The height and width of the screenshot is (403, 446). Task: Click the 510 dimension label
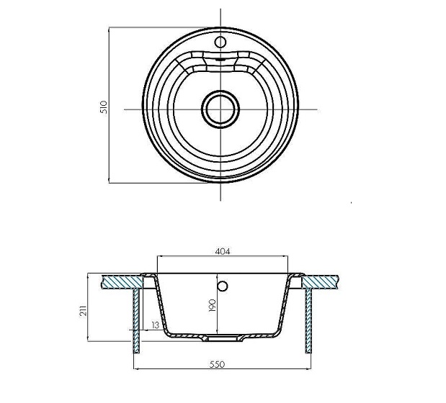click(x=104, y=107)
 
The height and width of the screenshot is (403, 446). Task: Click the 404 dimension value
click(x=223, y=251)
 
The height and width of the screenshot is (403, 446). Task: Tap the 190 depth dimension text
click(x=212, y=305)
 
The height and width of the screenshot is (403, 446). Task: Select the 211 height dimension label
click(x=83, y=311)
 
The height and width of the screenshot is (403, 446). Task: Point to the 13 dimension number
click(x=156, y=325)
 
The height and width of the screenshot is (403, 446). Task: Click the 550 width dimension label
click(x=217, y=364)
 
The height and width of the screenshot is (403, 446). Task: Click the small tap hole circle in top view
click(x=220, y=42)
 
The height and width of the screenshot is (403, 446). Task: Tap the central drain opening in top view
click(x=220, y=109)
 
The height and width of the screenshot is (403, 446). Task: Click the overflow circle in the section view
click(x=223, y=286)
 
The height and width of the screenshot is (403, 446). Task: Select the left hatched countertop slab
click(x=122, y=282)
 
